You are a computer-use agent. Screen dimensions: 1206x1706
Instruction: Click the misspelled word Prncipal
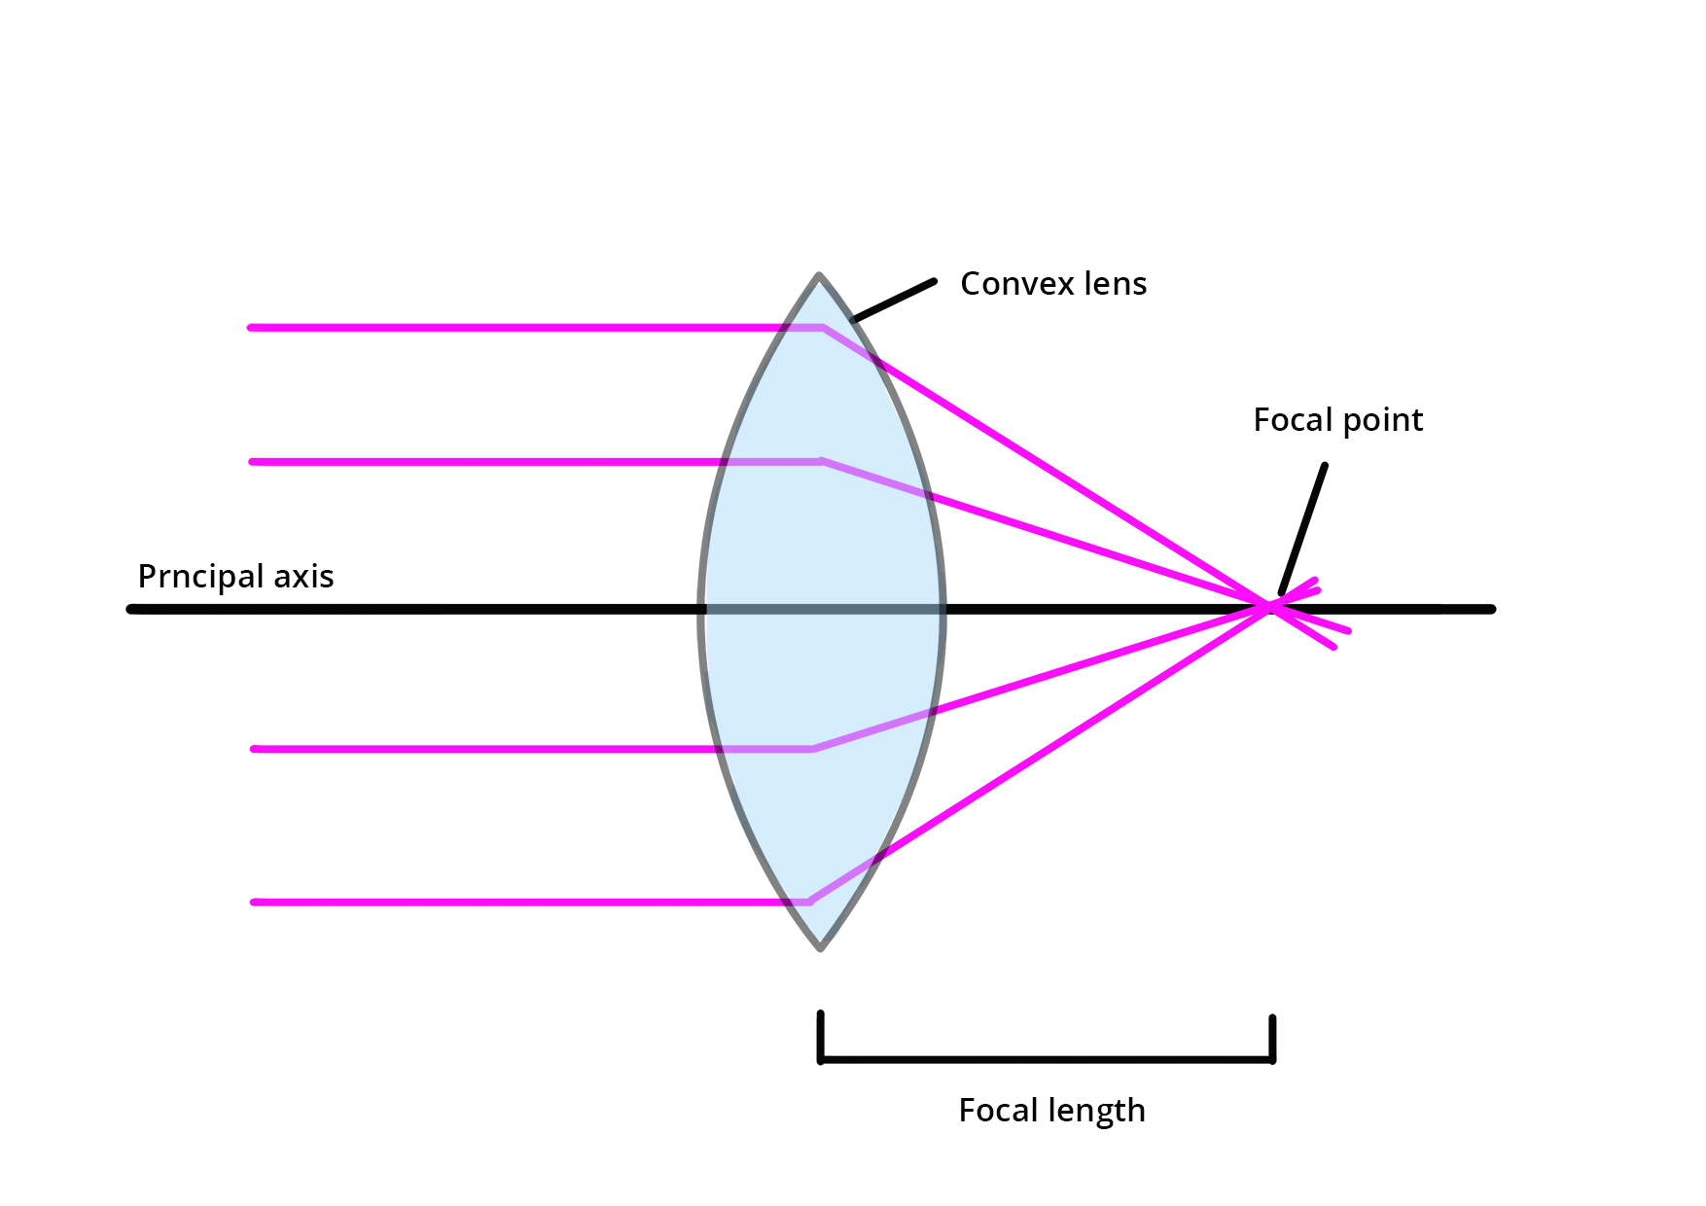(x=200, y=577)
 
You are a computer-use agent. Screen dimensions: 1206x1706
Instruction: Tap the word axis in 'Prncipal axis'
(x=303, y=577)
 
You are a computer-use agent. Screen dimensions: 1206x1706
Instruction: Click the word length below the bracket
(x=1096, y=1111)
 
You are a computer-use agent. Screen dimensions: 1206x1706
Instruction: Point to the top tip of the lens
(x=819, y=276)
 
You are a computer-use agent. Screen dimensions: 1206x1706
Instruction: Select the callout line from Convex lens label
(x=893, y=301)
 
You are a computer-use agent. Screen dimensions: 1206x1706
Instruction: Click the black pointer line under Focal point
(x=1303, y=529)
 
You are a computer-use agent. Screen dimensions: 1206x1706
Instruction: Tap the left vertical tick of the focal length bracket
(x=821, y=1037)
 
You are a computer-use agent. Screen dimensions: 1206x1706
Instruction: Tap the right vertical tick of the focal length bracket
(x=1272, y=1039)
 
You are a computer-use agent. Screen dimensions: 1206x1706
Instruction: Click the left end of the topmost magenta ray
(x=252, y=328)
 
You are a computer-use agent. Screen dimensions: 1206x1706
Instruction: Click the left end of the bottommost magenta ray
(x=255, y=903)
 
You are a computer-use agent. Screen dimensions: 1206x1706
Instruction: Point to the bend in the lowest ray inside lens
(x=809, y=902)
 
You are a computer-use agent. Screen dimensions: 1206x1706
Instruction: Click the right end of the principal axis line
(x=1490, y=609)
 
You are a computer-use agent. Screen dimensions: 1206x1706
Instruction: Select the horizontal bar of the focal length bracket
(x=1047, y=1059)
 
